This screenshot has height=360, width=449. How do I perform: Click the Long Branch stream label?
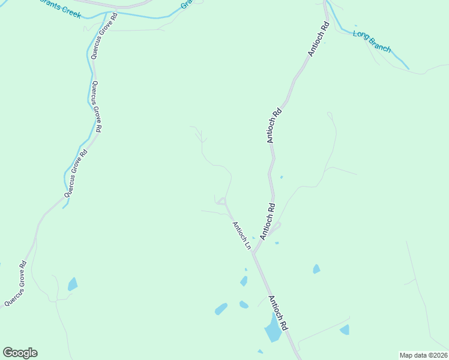[372, 42]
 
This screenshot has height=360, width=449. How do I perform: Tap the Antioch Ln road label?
[241, 235]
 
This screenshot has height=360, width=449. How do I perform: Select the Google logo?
[20, 353]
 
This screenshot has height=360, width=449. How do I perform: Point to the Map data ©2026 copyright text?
[423, 355]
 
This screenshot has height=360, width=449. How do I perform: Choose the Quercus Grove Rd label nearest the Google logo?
[15, 283]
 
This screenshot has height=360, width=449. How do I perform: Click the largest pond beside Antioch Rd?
[273, 329]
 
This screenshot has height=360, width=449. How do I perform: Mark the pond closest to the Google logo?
[73, 284]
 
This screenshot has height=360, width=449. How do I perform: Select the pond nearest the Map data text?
[345, 329]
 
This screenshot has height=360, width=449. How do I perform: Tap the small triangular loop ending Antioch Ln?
[222, 201]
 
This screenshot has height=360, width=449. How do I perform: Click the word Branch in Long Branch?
[381, 46]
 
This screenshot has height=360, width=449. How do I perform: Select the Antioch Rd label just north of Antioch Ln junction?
[267, 221]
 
